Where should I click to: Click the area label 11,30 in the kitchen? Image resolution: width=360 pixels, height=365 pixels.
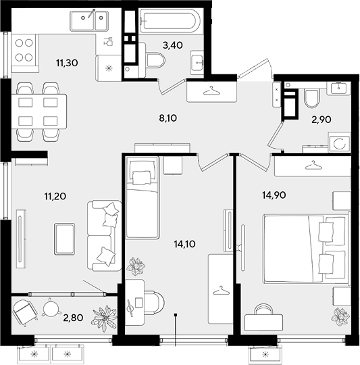pos(67,63)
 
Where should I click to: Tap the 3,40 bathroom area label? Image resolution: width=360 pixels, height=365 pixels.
pos(172,45)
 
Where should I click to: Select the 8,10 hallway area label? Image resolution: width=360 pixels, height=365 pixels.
pos(168,118)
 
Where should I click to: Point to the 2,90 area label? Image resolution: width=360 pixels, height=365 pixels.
pos(322,120)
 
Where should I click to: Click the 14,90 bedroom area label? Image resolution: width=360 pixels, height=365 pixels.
pos(274,195)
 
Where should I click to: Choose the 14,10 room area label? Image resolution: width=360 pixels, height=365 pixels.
pos(184,244)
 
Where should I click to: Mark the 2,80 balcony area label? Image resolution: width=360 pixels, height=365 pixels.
pos(73,318)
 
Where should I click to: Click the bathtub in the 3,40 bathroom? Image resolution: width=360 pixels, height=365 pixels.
pos(170,21)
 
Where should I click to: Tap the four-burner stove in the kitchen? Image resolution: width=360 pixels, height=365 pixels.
pos(24,50)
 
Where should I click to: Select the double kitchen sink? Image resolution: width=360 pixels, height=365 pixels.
pos(89,21)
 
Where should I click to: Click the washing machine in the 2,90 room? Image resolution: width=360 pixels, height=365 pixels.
pos(339,142)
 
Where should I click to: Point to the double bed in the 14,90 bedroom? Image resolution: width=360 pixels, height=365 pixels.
pos(306,248)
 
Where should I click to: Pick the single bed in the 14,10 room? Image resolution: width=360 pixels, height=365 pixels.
pos(142,197)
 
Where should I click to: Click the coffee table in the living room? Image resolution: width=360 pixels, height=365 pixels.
pos(65,239)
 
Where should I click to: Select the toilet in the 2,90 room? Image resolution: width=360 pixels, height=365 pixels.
pos(311,98)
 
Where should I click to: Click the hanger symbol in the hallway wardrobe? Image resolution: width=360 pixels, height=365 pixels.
pos(211,91)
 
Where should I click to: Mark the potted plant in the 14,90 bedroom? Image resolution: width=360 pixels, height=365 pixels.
pos(340,317)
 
